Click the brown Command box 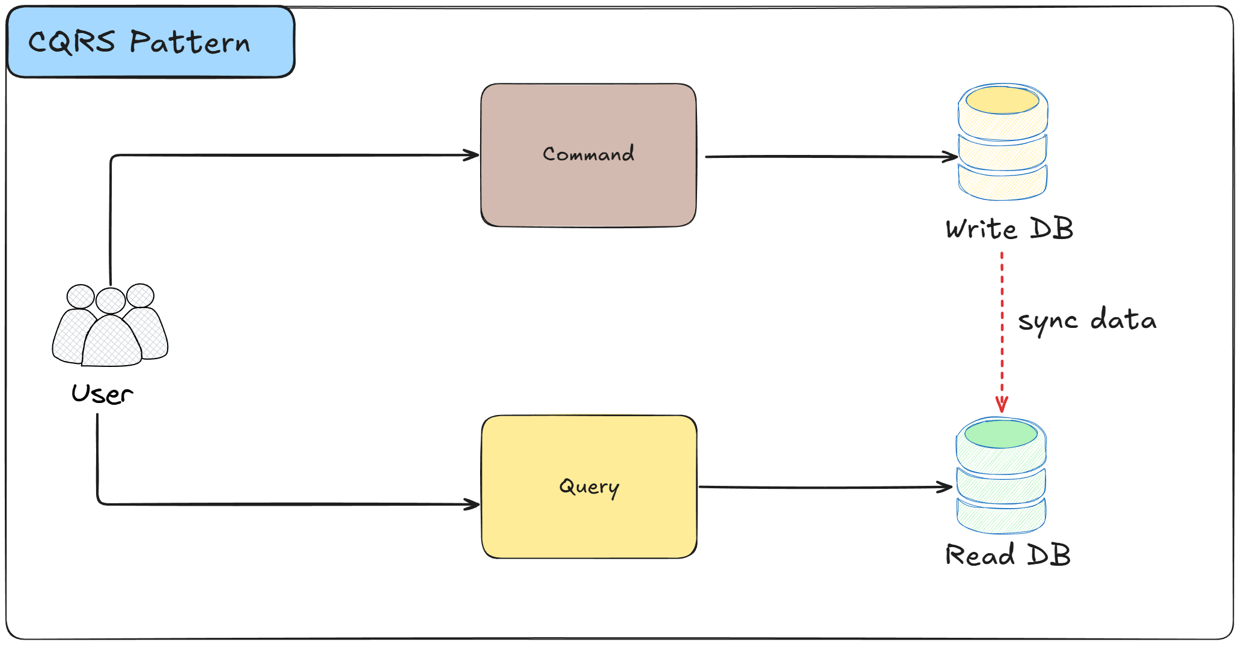tap(588, 192)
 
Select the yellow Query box tap(589, 522)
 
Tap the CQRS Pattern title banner tap(150, 42)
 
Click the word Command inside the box tap(588, 154)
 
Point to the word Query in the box tap(589, 486)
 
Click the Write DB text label tap(1009, 229)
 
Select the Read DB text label tap(1008, 554)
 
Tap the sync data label tap(1086, 319)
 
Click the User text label tap(102, 394)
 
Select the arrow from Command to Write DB tap(829, 157)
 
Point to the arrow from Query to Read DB tap(823, 487)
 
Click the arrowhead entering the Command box tap(472, 155)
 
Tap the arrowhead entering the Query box tap(472, 504)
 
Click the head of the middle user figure tap(111, 300)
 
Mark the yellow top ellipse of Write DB tap(1002, 100)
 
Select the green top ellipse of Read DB tap(1001, 434)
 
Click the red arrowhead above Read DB tap(1002, 404)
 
